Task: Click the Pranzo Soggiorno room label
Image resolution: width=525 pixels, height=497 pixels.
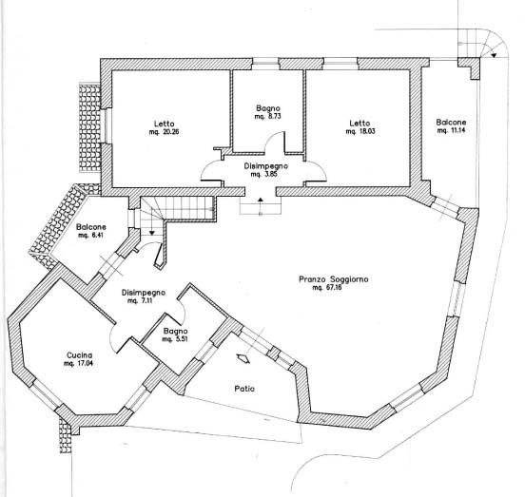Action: [x=334, y=279]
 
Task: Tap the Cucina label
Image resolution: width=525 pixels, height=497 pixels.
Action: [x=79, y=355]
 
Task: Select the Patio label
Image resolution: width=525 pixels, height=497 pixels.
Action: [x=244, y=389]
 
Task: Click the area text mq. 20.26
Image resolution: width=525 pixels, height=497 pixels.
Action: [x=164, y=132]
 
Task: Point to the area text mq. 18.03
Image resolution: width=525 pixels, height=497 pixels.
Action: [x=360, y=131]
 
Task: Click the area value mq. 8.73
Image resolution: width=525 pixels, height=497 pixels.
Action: [x=268, y=116]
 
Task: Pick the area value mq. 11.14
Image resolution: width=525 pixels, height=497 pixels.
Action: [x=451, y=130]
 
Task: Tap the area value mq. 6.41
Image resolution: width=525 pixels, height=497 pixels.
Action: [x=90, y=235]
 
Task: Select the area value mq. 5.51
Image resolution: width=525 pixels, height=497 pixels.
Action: [x=175, y=339]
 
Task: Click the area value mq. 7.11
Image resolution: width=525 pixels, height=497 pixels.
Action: [x=141, y=300]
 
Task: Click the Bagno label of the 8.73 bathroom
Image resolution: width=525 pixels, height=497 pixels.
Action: [x=268, y=108]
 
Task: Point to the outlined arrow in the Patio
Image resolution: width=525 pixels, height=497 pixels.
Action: [x=243, y=358]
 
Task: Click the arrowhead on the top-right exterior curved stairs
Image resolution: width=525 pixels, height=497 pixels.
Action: [x=494, y=55]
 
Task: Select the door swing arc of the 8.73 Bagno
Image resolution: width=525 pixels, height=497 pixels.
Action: [x=270, y=137]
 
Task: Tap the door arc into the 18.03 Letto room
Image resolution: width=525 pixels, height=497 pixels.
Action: [x=321, y=167]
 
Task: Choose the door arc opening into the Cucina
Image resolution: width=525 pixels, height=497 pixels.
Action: [x=111, y=338]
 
